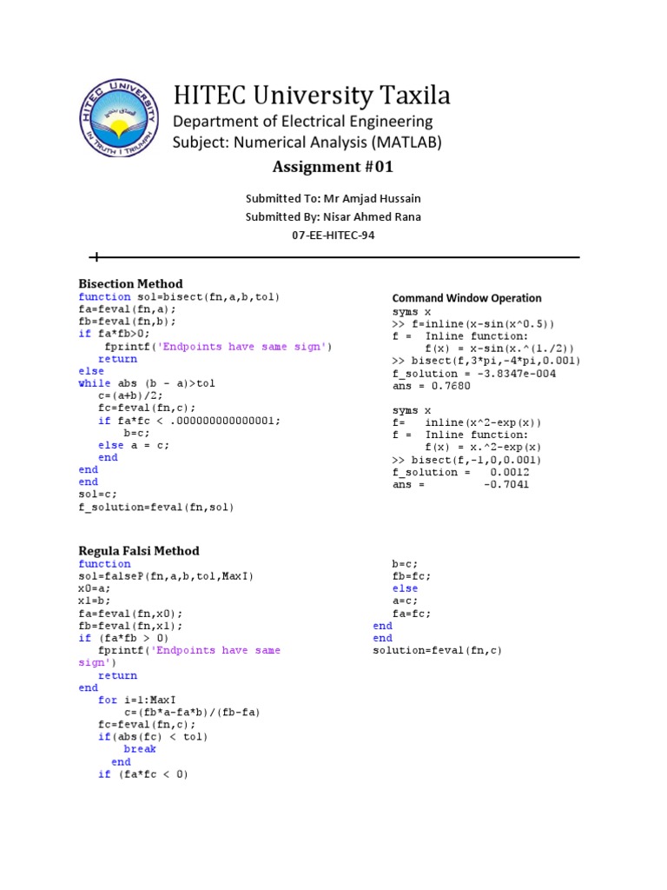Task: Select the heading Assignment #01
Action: (333, 168)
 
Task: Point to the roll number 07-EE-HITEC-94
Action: (333, 235)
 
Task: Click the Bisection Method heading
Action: (130, 283)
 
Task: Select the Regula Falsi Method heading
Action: (139, 550)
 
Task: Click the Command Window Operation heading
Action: (466, 298)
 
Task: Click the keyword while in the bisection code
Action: (95, 382)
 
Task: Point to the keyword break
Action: (140, 748)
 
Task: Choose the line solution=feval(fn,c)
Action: (438, 650)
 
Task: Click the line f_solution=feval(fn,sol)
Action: (156, 507)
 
